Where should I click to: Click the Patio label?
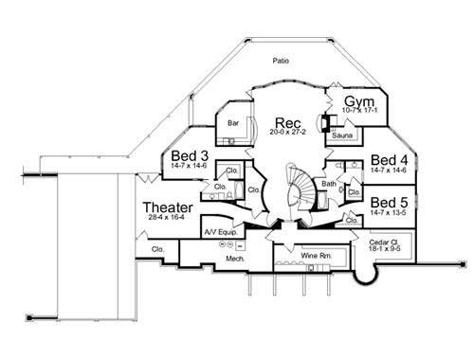pyautogui.click(x=279, y=62)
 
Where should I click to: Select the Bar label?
pyautogui.click(x=232, y=122)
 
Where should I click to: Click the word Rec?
pyautogui.click(x=288, y=123)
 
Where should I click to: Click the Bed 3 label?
pyautogui.click(x=190, y=156)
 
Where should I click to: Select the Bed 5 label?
pyautogui.click(x=389, y=202)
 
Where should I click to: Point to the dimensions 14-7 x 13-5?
pyautogui.click(x=389, y=213)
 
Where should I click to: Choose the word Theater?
pyautogui.click(x=168, y=207)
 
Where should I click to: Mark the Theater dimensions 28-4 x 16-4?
pyautogui.click(x=168, y=220)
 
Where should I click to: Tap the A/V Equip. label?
pyautogui.click(x=218, y=231)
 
